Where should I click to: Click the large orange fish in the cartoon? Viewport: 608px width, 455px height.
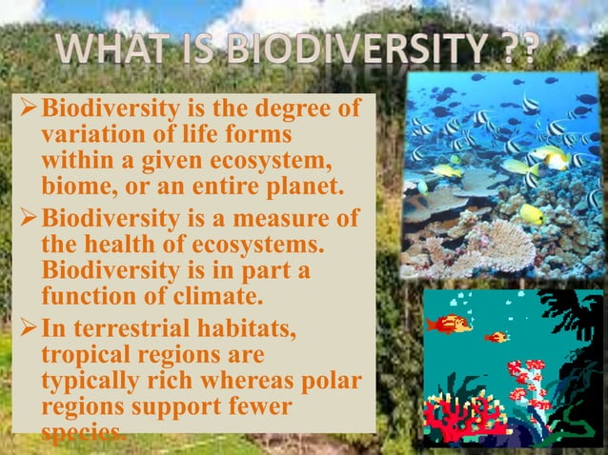coord(451,324)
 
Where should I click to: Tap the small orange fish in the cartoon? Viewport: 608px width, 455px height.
coord(497,336)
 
